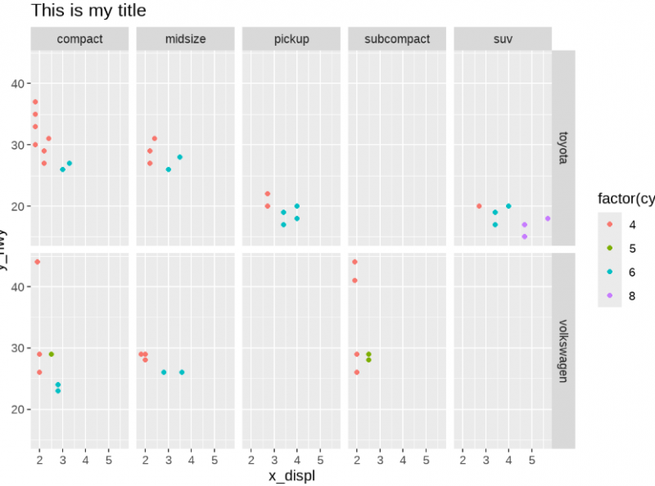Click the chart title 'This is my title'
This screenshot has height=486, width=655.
point(88,11)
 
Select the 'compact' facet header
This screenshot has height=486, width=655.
point(79,38)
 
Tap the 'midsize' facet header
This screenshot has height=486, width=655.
point(185,38)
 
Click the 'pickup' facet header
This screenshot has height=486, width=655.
point(291,38)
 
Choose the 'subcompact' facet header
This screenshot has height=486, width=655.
point(396,38)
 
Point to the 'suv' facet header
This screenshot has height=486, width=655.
point(503,38)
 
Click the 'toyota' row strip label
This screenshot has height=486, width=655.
point(563,147)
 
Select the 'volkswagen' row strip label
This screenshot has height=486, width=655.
point(563,350)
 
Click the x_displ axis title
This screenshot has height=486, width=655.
point(291,475)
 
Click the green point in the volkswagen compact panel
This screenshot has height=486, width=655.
point(51,354)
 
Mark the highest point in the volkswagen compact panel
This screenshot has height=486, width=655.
point(37,262)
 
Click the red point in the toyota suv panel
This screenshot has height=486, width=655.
point(479,206)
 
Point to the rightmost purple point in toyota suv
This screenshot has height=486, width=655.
point(548,218)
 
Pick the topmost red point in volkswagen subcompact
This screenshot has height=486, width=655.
point(355,262)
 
